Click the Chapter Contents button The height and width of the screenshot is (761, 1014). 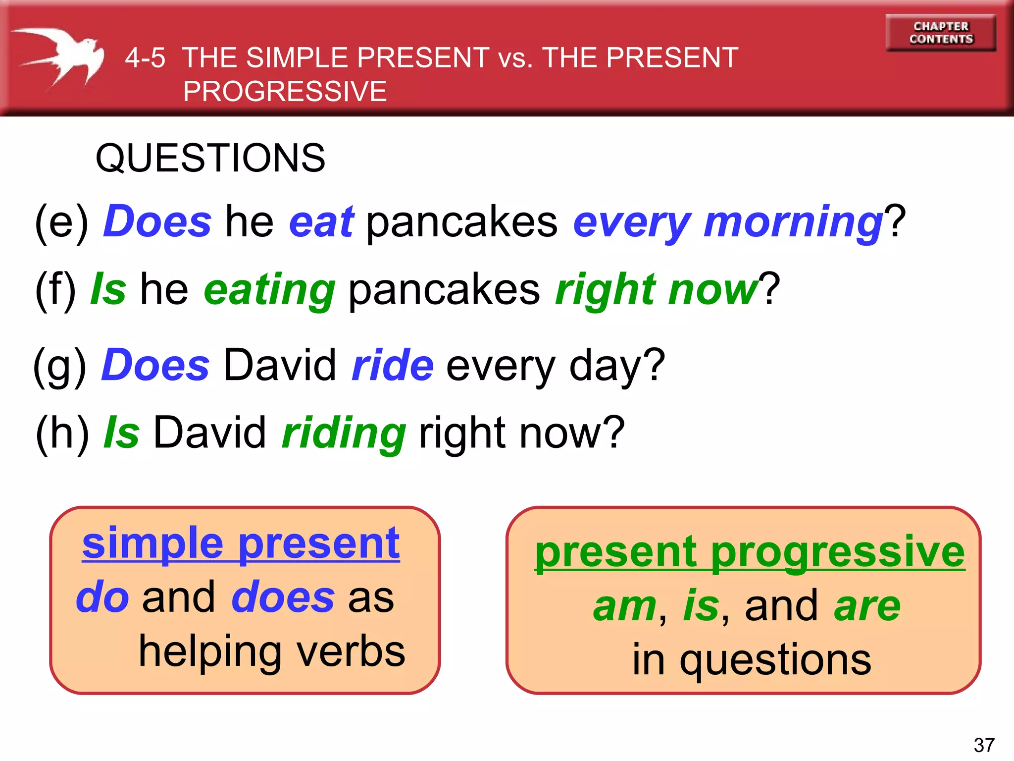click(x=941, y=33)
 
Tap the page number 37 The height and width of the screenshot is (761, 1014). click(x=984, y=745)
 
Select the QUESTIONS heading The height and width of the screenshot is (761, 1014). click(x=210, y=158)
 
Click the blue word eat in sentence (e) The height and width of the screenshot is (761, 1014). click(x=321, y=221)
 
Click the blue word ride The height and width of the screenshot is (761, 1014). click(x=393, y=365)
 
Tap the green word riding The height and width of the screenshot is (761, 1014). click(x=344, y=433)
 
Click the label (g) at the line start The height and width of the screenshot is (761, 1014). click(x=60, y=366)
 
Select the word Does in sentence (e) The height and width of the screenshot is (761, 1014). click(x=158, y=221)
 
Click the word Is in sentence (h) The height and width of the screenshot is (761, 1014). click(x=121, y=433)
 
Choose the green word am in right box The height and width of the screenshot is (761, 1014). click(x=625, y=606)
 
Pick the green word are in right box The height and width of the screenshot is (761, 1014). click(x=867, y=606)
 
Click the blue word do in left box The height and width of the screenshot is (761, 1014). click(x=102, y=597)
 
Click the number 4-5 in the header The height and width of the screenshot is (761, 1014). click(x=145, y=58)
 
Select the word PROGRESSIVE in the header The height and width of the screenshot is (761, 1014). click(x=285, y=92)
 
